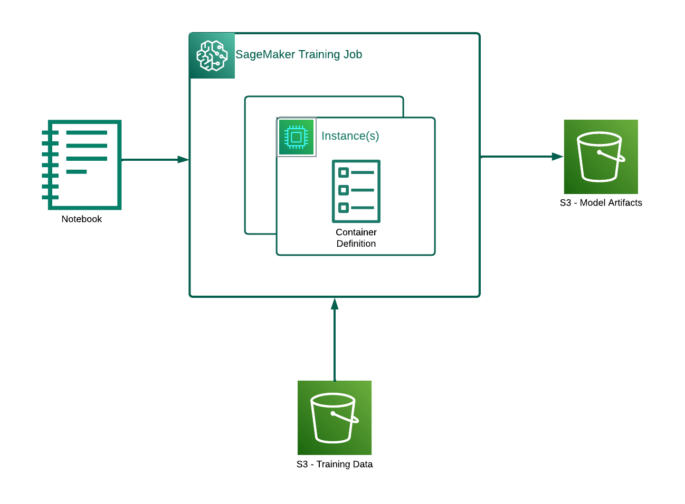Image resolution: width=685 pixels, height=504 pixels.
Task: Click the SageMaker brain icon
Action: click(x=212, y=55)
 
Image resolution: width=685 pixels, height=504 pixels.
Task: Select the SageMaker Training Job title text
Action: click(x=298, y=54)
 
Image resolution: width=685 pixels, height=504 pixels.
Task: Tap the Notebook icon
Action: click(x=82, y=164)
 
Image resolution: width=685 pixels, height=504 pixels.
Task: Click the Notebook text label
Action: click(x=81, y=219)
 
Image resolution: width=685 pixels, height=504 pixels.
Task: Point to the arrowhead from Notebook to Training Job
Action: click(x=183, y=159)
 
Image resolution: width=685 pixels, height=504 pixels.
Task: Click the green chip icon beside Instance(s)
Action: click(x=296, y=137)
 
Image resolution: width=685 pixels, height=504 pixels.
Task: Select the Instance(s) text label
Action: click(x=350, y=136)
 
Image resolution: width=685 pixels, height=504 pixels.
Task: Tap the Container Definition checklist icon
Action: click(x=356, y=191)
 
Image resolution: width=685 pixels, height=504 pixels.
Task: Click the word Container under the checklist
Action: click(x=356, y=232)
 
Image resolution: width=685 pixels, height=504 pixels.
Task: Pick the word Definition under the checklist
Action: click(x=356, y=244)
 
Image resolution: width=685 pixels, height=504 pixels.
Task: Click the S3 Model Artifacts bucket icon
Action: click(x=601, y=157)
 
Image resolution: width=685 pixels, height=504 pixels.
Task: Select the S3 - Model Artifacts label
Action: click(x=601, y=202)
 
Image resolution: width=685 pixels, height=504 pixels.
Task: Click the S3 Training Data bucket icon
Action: click(x=335, y=418)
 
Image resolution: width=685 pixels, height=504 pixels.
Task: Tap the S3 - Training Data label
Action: click(x=335, y=464)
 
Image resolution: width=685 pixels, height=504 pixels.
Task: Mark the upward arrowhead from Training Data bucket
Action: click(x=335, y=304)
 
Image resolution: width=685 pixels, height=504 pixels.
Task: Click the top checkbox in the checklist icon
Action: click(x=344, y=172)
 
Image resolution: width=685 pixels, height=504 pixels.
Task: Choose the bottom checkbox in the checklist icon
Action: click(x=344, y=207)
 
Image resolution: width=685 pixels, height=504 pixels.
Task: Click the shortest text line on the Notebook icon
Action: click(x=77, y=171)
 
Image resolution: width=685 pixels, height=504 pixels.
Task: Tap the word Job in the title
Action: click(x=353, y=54)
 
